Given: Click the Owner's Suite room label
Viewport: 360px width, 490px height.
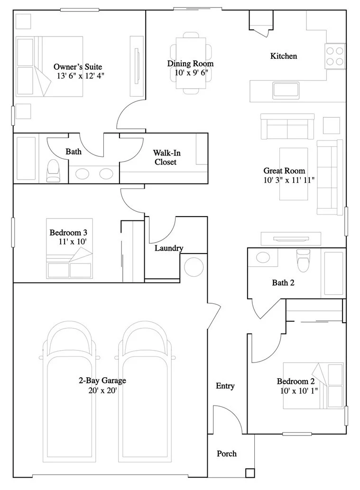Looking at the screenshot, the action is (78, 66).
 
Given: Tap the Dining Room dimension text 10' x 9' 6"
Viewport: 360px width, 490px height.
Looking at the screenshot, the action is (191, 73).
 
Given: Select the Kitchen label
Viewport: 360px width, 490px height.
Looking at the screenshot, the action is (284, 56).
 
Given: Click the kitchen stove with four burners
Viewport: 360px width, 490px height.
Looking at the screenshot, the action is (335, 56).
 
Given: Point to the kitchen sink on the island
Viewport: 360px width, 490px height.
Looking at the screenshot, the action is (286, 91).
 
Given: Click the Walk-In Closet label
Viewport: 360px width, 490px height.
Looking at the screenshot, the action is (166, 157).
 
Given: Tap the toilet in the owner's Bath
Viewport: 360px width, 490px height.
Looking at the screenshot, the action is (53, 171).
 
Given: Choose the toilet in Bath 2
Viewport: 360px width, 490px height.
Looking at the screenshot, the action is (303, 260).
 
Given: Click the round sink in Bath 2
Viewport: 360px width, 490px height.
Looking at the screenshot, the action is (263, 257).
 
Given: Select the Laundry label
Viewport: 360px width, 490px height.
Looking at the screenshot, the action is (169, 248).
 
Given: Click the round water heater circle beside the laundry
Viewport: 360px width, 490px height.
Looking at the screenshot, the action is (194, 267).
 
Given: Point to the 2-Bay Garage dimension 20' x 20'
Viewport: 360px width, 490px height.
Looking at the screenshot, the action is (102, 390).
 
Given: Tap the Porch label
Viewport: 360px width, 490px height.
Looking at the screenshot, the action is (227, 454).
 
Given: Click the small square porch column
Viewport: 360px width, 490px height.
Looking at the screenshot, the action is (250, 473).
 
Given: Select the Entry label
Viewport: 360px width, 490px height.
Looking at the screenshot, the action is (225, 386).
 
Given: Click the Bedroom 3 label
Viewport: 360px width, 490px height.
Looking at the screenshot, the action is (68, 233).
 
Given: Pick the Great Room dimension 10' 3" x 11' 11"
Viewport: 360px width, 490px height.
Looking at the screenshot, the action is (289, 180).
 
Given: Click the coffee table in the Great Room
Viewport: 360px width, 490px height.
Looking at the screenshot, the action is (294, 174).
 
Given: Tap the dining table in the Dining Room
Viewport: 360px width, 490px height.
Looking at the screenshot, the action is (191, 63).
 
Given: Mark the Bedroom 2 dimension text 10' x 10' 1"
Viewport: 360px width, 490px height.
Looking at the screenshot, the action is (299, 390).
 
